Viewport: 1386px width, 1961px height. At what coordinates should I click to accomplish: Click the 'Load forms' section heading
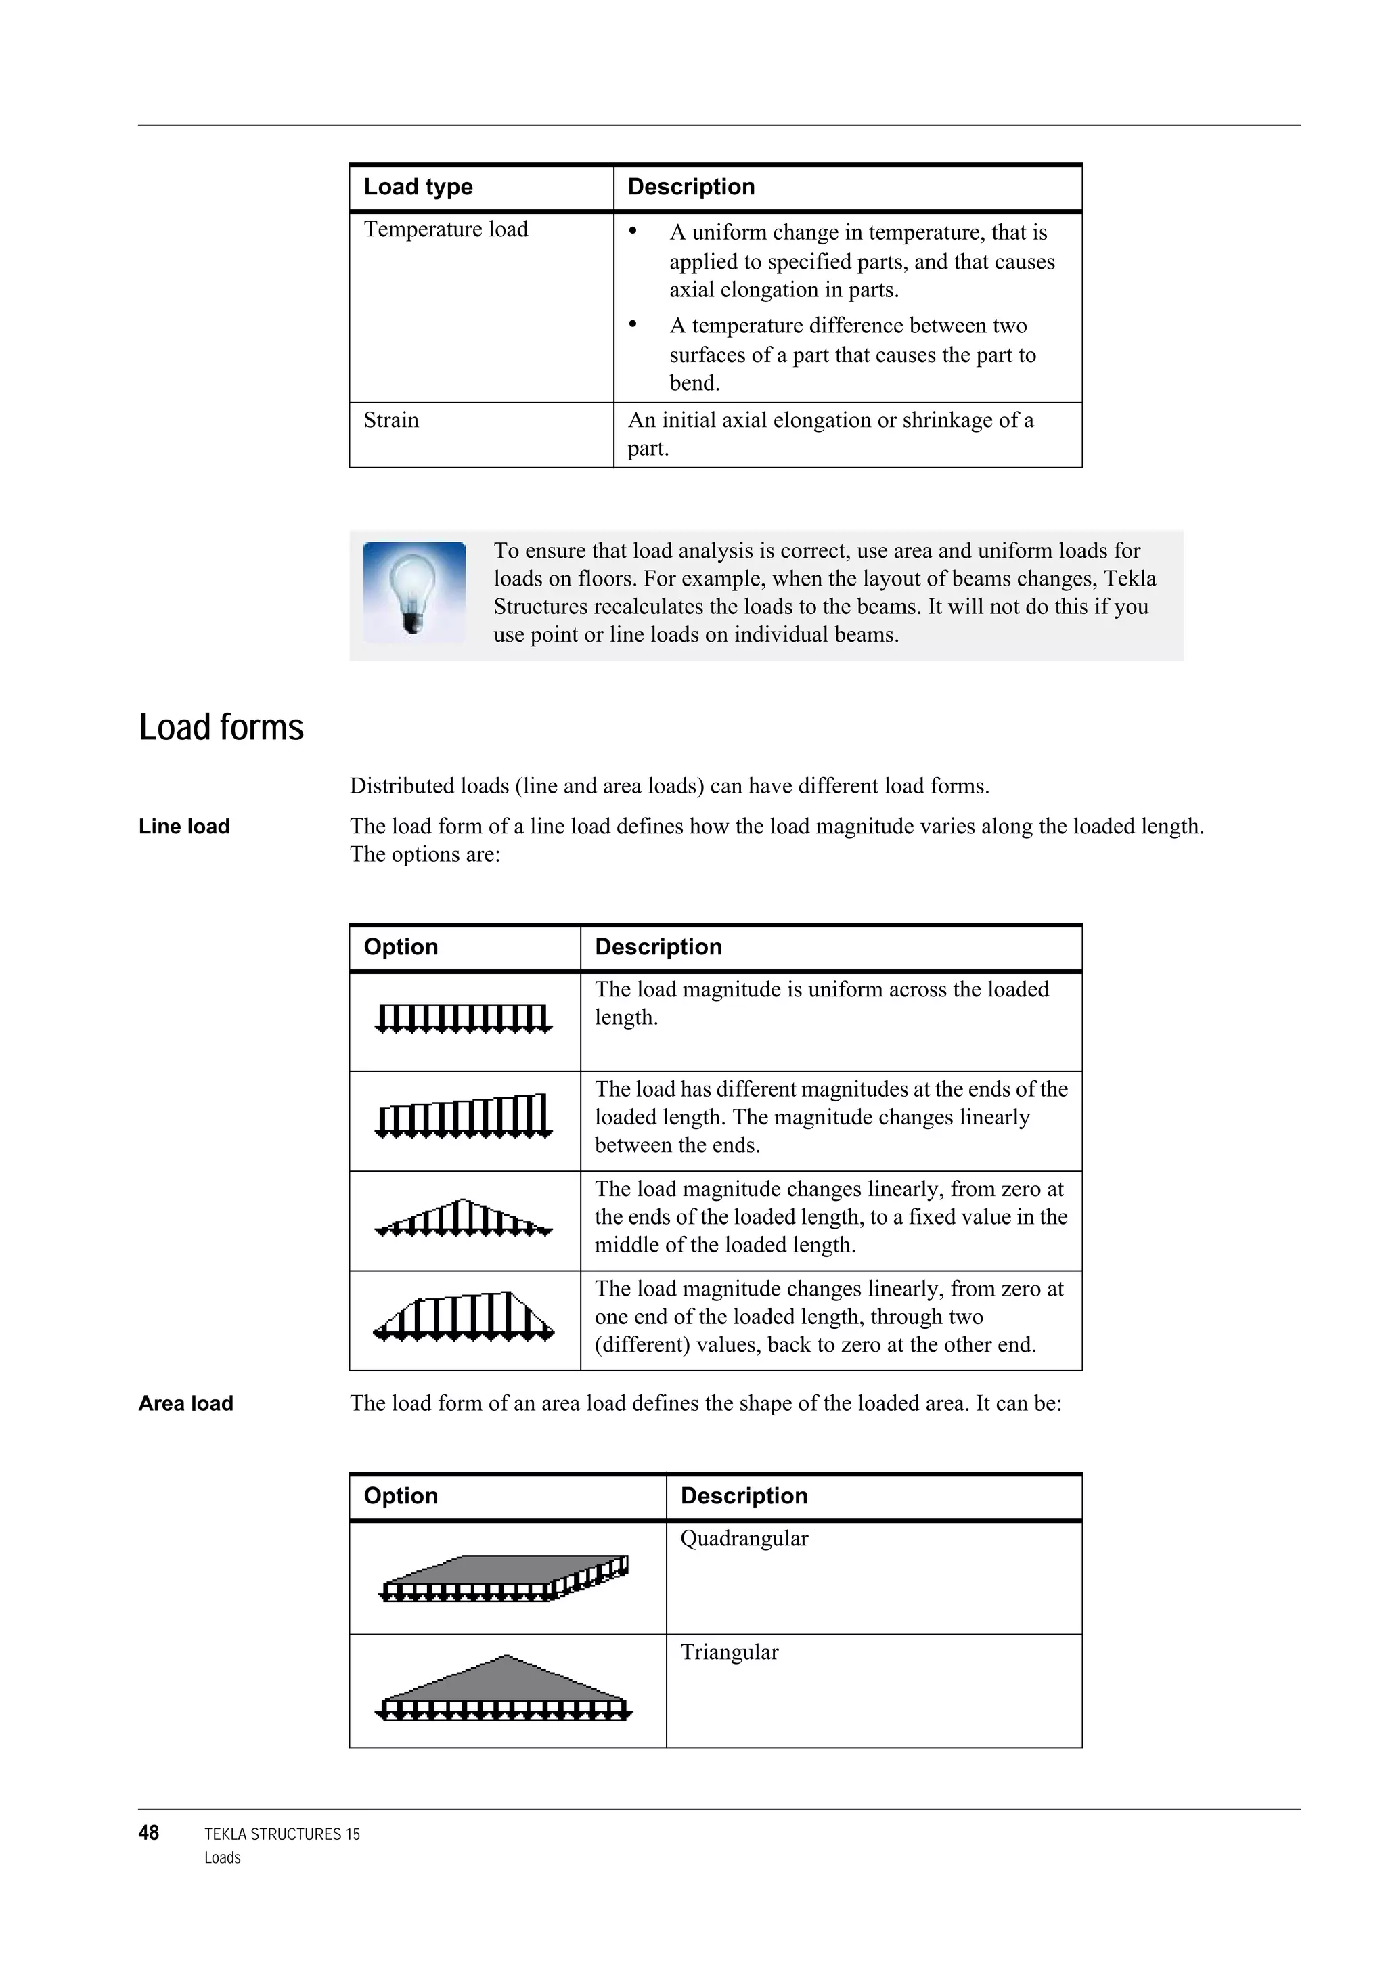(x=221, y=728)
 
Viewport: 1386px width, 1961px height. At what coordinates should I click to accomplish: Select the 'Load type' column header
(x=418, y=187)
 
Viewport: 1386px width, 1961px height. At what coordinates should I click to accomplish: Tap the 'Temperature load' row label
(x=446, y=229)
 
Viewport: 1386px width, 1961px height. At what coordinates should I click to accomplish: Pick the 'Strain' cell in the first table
(x=391, y=420)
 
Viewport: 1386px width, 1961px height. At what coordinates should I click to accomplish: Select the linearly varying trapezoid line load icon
(x=464, y=1117)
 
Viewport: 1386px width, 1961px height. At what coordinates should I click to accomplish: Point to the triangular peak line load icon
(x=464, y=1220)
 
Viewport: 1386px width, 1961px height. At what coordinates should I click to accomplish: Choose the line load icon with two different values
(x=464, y=1317)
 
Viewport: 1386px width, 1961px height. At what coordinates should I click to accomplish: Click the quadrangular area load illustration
(x=506, y=1579)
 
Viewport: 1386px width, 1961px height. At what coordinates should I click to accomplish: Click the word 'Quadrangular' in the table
(x=744, y=1539)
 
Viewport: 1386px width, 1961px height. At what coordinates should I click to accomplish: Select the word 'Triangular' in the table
(x=730, y=1653)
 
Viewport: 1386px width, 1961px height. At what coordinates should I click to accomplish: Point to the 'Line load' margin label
(x=185, y=827)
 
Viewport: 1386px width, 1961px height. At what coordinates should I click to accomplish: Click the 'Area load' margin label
(x=186, y=1404)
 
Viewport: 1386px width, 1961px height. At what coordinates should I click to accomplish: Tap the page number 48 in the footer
(x=149, y=1833)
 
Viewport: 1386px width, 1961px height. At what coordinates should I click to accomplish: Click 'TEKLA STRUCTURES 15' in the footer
(x=282, y=1834)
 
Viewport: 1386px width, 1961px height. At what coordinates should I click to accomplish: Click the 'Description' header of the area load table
(x=744, y=1497)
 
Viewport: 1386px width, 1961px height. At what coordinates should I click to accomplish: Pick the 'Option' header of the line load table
(x=401, y=947)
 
